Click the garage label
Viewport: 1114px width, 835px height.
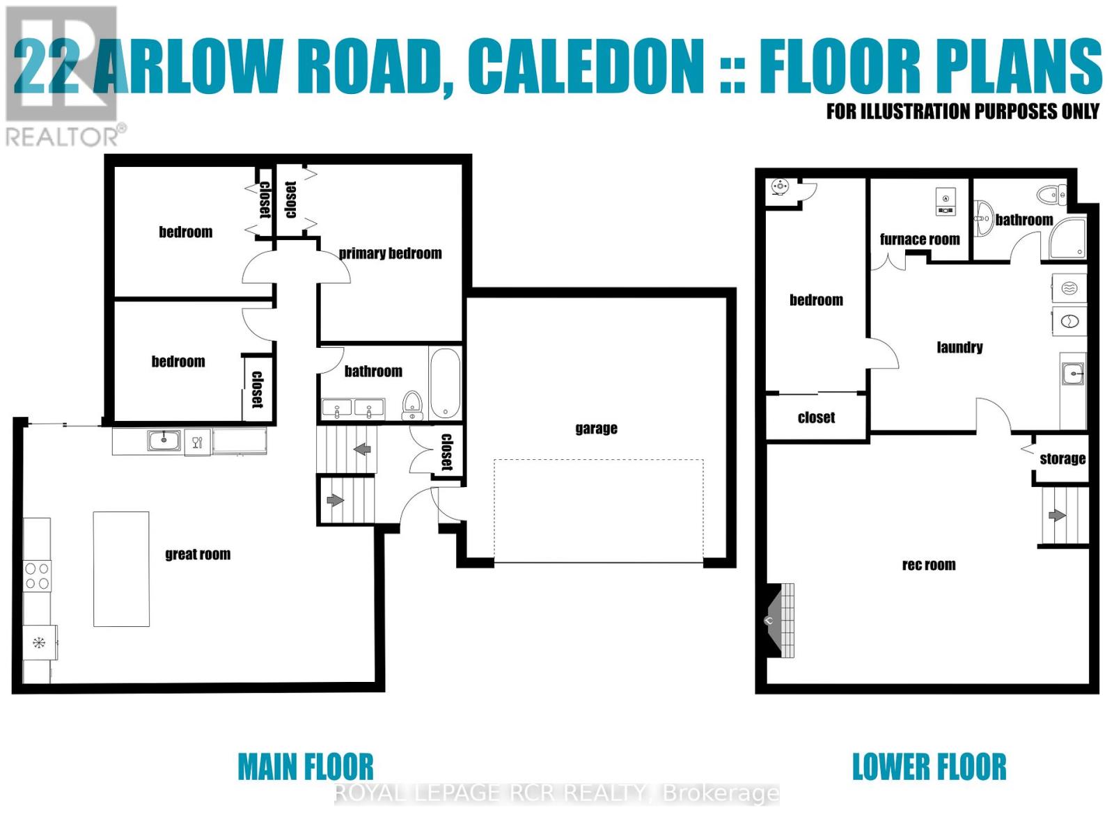click(x=596, y=429)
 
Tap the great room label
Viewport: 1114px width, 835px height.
click(x=198, y=555)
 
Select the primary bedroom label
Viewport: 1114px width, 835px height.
click(x=390, y=253)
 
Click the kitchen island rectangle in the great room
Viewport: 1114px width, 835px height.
click(x=121, y=569)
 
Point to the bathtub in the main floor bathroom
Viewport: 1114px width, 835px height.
click(x=445, y=383)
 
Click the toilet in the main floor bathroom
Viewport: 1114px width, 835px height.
click(x=413, y=404)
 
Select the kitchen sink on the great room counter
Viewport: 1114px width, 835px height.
click(x=164, y=440)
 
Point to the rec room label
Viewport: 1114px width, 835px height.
click(x=929, y=565)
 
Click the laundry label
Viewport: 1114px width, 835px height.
click(x=959, y=347)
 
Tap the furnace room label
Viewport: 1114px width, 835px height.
click(x=920, y=239)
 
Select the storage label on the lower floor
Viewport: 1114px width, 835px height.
click(x=1062, y=459)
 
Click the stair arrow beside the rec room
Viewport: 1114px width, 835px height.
click(x=1057, y=516)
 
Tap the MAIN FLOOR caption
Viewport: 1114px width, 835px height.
click(x=306, y=767)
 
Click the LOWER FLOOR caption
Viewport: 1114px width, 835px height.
click(x=929, y=767)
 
